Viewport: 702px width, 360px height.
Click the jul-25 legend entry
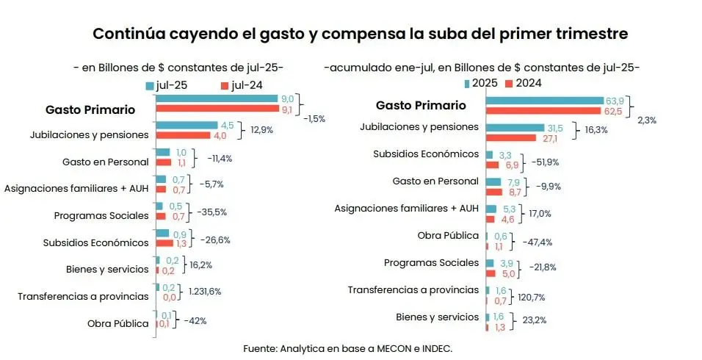coord(167,85)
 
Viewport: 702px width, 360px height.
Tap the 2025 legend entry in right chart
coord(482,83)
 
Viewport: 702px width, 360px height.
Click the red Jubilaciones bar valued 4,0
coord(183,136)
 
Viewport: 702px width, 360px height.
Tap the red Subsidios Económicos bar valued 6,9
coord(492,165)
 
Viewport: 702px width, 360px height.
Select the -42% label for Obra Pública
coord(195,320)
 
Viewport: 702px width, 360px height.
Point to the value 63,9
coord(614,100)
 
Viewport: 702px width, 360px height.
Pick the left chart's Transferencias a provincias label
coord(83,297)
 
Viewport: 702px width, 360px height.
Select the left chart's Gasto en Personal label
coord(106,162)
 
